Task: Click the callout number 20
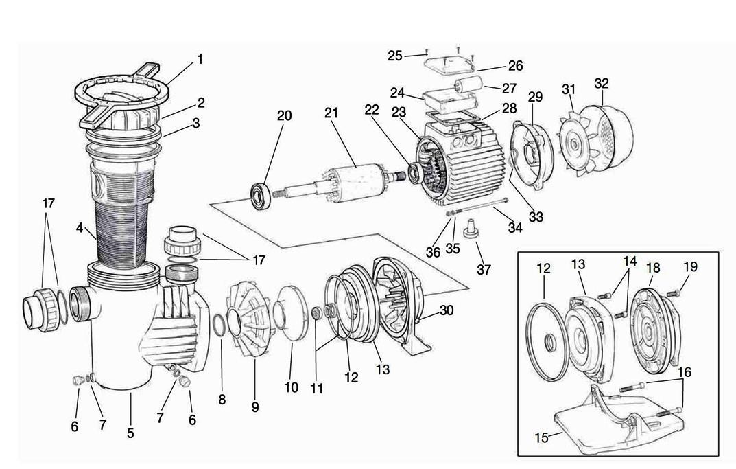(x=283, y=115)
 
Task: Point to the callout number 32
(x=602, y=83)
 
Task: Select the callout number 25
(x=394, y=56)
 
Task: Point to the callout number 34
(x=514, y=227)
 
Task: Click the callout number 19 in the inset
(x=690, y=266)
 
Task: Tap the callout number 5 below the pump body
(x=130, y=433)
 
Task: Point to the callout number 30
(x=446, y=310)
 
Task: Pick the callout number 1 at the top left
(x=200, y=59)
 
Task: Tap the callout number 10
(x=291, y=388)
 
